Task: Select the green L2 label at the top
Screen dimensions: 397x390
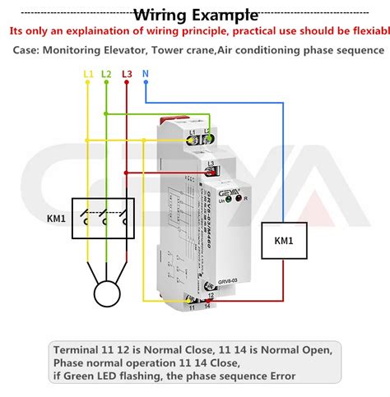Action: click(x=106, y=75)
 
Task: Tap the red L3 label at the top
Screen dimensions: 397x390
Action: click(x=126, y=75)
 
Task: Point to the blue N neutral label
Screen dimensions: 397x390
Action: click(x=146, y=75)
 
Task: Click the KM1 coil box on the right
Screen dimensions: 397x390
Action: click(x=286, y=242)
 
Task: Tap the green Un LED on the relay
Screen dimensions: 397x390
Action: click(x=226, y=198)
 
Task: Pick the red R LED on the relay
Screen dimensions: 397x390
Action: click(x=239, y=198)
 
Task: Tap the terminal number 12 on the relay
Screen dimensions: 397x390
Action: click(x=211, y=294)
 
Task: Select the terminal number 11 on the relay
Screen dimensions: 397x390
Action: click(x=193, y=307)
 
